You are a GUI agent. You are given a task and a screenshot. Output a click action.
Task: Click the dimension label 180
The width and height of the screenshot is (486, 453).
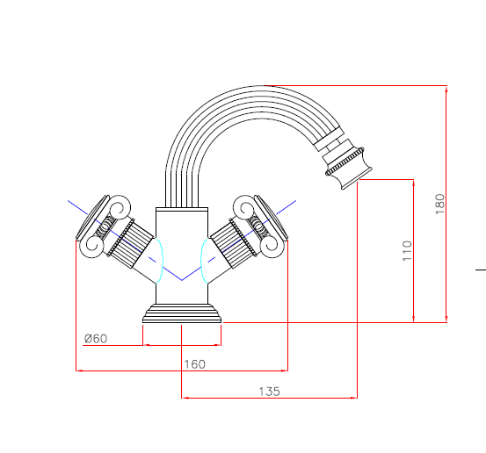point(440,204)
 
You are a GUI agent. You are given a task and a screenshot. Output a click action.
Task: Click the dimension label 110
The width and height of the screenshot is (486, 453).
point(407,250)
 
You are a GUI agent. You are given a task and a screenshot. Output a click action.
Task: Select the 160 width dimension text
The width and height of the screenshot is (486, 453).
point(194,364)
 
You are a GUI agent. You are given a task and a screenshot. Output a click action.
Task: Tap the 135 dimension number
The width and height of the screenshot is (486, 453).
point(269,392)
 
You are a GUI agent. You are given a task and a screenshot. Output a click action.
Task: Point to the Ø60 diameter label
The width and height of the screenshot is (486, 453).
point(96,339)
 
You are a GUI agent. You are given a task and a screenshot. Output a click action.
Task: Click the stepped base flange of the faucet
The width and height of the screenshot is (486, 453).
point(182,313)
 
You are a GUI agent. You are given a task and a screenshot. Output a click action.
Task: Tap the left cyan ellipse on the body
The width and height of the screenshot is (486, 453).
point(162,260)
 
